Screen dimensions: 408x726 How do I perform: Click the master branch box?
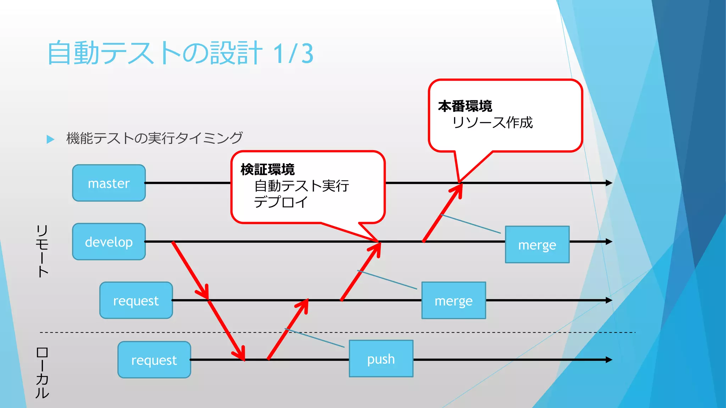coord(109,183)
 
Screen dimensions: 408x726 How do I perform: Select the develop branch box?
coord(109,242)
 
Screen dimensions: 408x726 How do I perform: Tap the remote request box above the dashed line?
coord(136,300)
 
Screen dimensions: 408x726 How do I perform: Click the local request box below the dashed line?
coord(154,360)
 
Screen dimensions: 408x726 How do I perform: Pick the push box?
coord(381,359)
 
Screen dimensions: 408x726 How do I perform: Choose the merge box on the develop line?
coord(537,245)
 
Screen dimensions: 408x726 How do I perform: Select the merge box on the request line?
coord(453,301)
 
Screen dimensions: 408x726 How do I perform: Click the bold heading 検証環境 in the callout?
coord(268,170)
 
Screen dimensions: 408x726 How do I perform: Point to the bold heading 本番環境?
coord(465,106)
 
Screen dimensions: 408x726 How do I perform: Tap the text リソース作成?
coord(492,123)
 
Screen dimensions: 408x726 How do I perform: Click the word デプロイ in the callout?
coord(281,202)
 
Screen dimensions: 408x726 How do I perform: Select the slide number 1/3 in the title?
coord(294,53)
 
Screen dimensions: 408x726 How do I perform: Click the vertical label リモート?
coord(42,251)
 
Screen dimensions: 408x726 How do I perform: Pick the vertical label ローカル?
coord(42,373)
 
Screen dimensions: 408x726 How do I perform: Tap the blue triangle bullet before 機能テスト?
coord(50,139)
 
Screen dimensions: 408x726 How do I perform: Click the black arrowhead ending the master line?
coord(609,183)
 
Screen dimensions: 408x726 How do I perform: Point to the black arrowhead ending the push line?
coord(609,360)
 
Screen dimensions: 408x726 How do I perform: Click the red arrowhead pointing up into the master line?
coord(458,189)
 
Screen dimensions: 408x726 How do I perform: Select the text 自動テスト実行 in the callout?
coord(302,186)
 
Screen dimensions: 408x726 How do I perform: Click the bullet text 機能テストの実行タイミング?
coord(154,138)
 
